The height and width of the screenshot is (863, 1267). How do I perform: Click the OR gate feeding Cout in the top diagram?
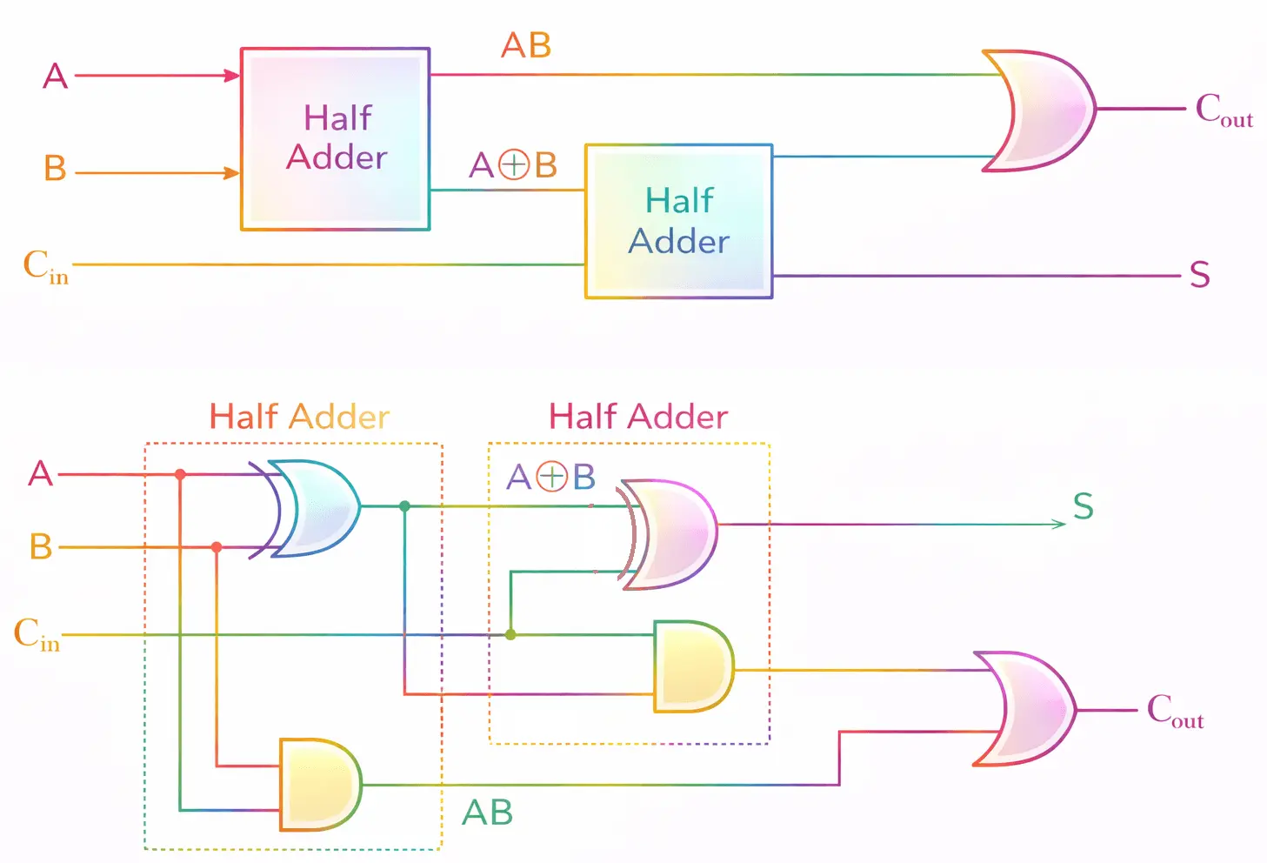click(1041, 110)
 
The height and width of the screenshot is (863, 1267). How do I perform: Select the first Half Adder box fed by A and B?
click(336, 139)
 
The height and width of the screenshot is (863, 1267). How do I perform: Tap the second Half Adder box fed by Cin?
click(679, 221)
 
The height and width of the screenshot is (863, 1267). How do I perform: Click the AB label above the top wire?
click(526, 45)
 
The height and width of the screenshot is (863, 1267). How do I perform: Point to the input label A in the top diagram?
click(56, 76)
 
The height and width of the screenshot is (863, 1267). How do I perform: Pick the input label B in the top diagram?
click(56, 168)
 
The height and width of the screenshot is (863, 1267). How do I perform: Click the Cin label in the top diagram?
click(46, 266)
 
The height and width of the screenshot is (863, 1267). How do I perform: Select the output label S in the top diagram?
click(1200, 275)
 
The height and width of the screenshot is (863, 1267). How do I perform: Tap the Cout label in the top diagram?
click(1224, 110)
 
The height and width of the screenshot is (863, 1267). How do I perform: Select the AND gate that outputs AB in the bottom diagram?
click(321, 785)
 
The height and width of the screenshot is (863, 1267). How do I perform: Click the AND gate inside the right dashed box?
click(694, 666)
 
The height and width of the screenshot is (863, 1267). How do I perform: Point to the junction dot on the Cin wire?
click(510, 634)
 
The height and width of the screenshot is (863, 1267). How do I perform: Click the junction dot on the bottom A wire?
click(180, 474)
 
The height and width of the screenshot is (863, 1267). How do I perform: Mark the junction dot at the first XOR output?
click(404, 506)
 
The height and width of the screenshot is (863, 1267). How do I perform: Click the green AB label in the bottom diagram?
click(488, 813)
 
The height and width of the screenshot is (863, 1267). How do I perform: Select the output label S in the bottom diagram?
click(1084, 506)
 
